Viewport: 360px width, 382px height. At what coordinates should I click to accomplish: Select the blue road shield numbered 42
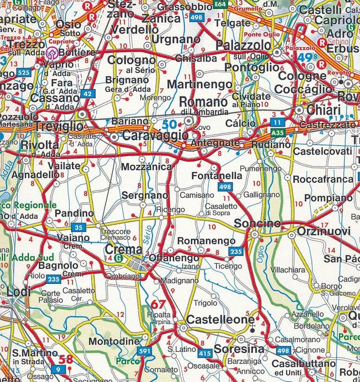pyautogui.click(x=89, y=94)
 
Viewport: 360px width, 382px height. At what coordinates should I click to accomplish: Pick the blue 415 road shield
pyautogui.click(x=205, y=353)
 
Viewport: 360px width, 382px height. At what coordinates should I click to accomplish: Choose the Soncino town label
pyautogui.click(x=254, y=223)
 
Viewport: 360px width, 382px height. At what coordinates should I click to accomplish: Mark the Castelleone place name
pyautogui.click(x=220, y=319)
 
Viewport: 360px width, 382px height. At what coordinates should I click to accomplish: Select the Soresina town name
pyautogui.click(x=238, y=349)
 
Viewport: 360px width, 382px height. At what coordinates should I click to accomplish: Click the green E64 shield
pyautogui.click(x=220, y=4)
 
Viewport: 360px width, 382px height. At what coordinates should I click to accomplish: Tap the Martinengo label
pyautogui.click(x=199, y=84)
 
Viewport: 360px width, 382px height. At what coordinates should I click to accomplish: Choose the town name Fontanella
pyautogui.click(x=216, y=176)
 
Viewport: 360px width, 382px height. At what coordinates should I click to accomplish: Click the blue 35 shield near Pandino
pyautogui.click(x=79, y=227)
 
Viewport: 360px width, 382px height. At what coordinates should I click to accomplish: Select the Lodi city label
pyautogui.click(x=18, y=292)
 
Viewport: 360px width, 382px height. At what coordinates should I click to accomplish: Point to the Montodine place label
pyautogui.click(x=114, y=342)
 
